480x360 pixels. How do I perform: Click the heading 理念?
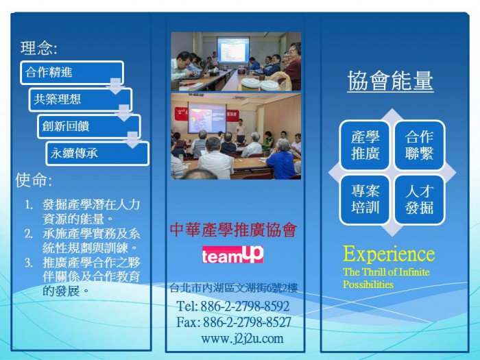pos(39,48)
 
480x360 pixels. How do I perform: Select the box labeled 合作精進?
pos(72,73)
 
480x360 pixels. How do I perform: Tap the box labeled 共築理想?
pos(80,99)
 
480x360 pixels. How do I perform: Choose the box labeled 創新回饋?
pos(89,126)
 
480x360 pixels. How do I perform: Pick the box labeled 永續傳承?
pos(97,154)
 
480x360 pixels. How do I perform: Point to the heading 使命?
pos(34,180)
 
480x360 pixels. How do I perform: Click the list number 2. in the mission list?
pos(29,235)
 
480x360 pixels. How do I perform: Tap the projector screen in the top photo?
pos(233,49)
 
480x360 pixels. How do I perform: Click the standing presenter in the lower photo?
pos(241,131)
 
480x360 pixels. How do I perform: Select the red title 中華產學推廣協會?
pos(234,230)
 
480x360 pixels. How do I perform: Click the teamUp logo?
pos(232,254)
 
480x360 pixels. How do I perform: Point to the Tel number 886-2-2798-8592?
pos(245,306)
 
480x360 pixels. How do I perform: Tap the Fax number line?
pos(234,322)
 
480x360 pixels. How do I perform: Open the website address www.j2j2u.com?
pos(242,339)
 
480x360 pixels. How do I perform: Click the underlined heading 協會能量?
pos(390,81)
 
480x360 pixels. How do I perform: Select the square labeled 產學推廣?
pos(365,145)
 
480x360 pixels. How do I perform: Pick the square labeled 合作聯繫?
pos(419,145)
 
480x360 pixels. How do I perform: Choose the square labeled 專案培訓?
pos(365,200)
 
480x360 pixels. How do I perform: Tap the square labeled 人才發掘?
pos(419,200)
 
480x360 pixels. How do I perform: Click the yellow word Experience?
pos(389,254)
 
